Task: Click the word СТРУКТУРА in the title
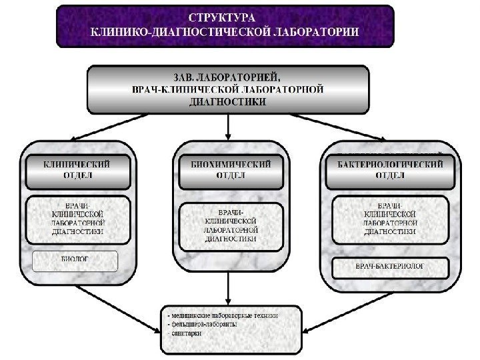(x=225, y=16)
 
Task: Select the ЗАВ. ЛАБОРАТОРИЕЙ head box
(x=228, y=88)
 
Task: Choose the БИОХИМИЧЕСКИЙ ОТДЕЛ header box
(x=229, y=169)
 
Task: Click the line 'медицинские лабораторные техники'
(x=224, y=315)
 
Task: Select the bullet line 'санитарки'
(x=188, y=335)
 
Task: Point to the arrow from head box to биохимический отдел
(x=229, y=127)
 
